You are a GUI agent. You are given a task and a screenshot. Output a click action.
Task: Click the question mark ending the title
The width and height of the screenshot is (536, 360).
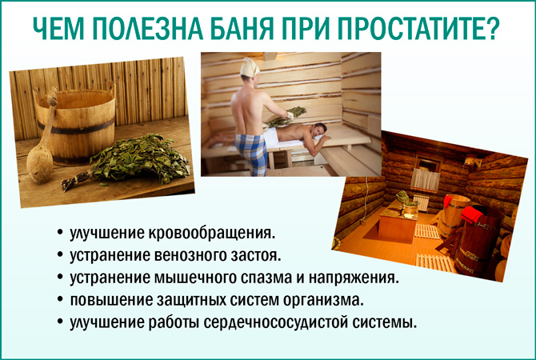pyautogui.click(x=493, y=29)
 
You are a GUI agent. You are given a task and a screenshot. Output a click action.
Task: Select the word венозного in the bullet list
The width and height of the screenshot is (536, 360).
pyautogui.click(x=184, y=257)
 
